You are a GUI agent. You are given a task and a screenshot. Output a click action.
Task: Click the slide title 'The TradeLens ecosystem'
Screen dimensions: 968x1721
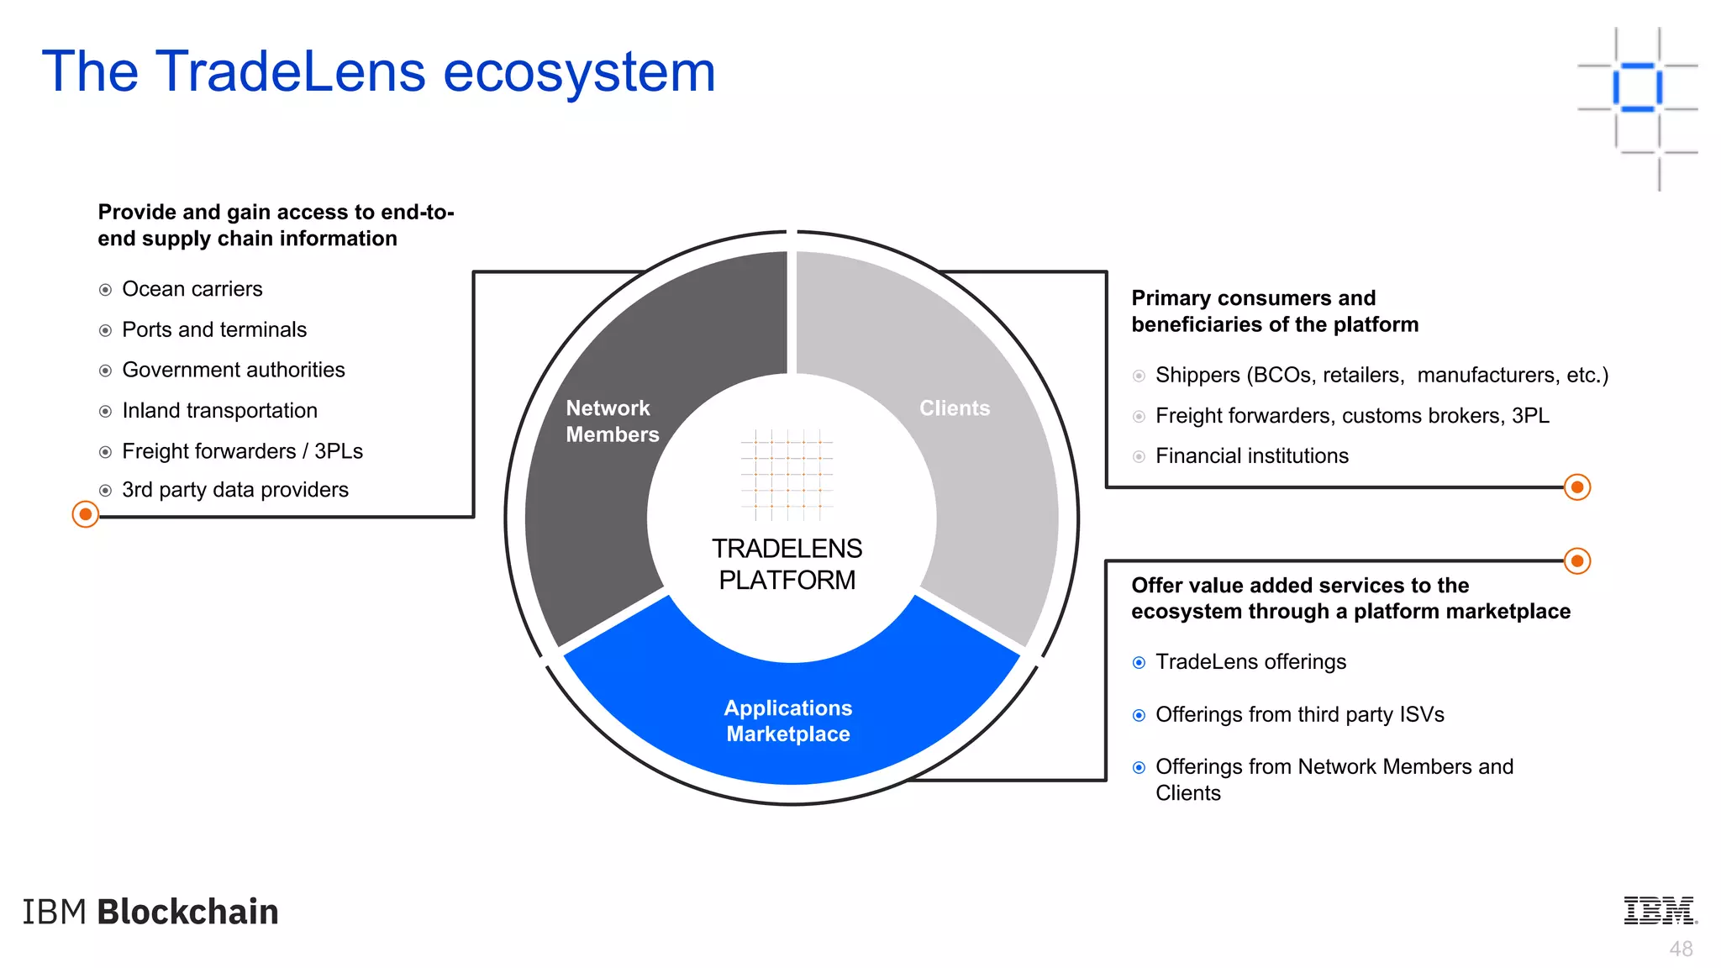click(x=378, y=71)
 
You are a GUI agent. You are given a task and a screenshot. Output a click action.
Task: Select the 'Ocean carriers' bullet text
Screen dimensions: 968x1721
click(x=192, y=289)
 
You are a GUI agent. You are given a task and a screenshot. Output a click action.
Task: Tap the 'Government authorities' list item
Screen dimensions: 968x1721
click(x=233, y=370)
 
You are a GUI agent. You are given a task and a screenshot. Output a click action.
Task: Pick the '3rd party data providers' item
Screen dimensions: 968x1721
click(x=234, y=490)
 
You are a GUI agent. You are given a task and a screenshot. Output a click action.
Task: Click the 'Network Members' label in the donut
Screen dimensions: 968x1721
click(x=612, y=421)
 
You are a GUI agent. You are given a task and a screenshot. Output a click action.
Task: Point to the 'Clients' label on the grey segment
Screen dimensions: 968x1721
click(x=954, y=408)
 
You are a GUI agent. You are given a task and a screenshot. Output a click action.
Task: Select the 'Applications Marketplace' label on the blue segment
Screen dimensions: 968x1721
click(x=787, y=721)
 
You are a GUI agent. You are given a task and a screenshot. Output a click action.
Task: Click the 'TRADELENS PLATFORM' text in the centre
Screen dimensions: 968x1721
click(x=787, y=564)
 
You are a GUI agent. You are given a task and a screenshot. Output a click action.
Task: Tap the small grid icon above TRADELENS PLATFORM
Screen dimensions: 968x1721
click(x=787, y=475)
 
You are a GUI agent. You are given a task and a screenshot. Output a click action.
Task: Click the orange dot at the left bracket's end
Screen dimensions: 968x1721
click(x=85, y=514)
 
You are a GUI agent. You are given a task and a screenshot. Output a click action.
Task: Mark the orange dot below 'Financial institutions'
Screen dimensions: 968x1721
click(x=1576, y=487)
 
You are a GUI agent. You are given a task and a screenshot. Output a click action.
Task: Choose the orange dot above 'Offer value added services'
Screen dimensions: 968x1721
click(x=1576, y=560)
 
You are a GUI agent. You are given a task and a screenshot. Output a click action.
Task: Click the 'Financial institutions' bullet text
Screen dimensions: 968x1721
click(x=1251, y=456)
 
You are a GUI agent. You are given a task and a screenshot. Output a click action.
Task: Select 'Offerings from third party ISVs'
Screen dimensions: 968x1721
click(x=1299, y=715)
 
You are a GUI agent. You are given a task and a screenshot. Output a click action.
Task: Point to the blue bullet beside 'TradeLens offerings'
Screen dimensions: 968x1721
click(x=1139, y=663)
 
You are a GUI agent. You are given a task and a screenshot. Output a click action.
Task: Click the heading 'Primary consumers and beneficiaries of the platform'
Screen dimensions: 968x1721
click(x=1274, y=311)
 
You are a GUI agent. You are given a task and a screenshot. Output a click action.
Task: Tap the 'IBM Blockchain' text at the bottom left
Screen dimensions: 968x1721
click(x=150, y=912)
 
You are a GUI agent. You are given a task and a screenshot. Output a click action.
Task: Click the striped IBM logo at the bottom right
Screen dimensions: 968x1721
click(x=1659, y=911)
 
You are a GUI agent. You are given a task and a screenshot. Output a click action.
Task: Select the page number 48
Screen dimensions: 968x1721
click(x=1681, y=950)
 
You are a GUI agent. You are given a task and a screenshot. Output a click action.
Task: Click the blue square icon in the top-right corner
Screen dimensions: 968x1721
click(x=1637, y=87)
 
